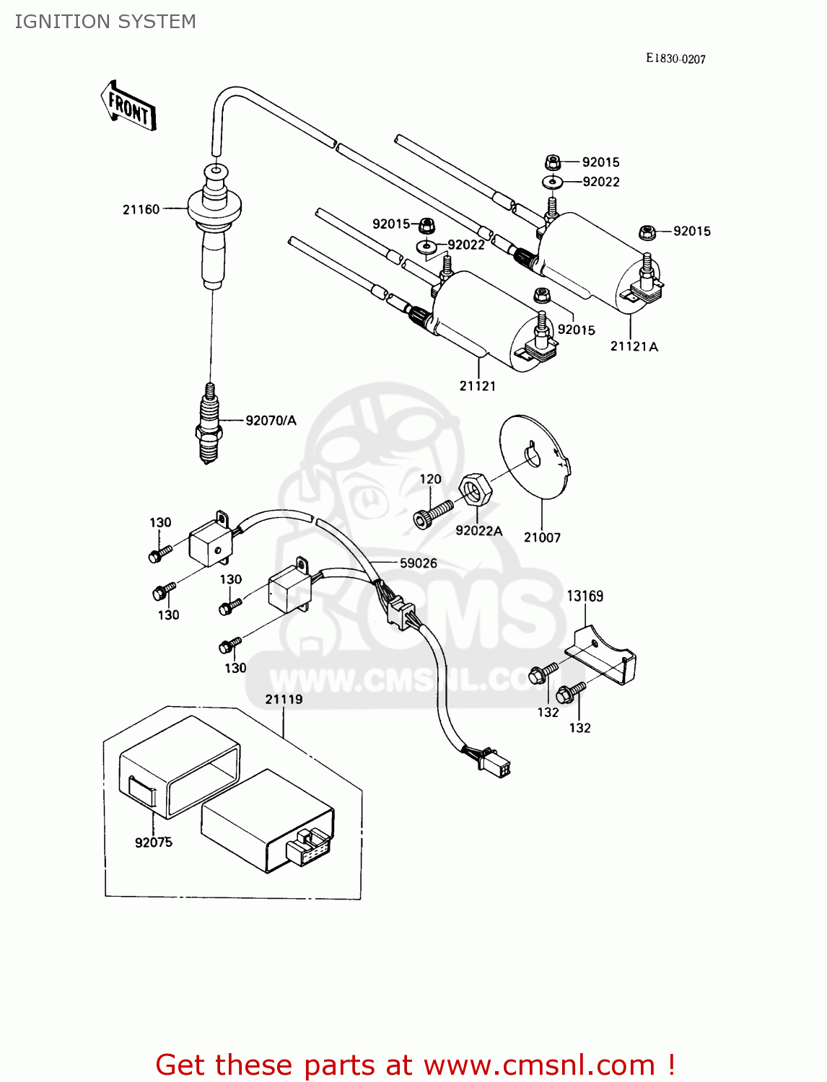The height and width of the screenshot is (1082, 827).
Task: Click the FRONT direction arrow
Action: click(128, 106)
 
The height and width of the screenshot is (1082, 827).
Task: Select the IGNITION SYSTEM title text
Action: click(105, 22)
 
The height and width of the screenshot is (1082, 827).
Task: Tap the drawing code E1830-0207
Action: click(675, 58)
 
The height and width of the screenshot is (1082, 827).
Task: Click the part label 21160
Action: click(141, 209)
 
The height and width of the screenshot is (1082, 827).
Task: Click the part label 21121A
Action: click(634, 346)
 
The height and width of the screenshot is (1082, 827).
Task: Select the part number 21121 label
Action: click(477, 386)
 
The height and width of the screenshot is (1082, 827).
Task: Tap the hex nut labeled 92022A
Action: click(476, 491)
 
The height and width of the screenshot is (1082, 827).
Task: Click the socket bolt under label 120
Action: click(432, 512)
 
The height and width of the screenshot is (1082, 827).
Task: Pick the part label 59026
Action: click(419, 563)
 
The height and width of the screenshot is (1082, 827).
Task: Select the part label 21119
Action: click(284, 699)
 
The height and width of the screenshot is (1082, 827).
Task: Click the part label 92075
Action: click(153, 842)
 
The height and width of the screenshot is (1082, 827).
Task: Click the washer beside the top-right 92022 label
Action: click(552, 182)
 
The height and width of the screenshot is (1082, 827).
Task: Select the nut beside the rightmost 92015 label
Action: click(647, 232)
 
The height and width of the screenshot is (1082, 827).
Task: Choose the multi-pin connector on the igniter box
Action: click(309, 845)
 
